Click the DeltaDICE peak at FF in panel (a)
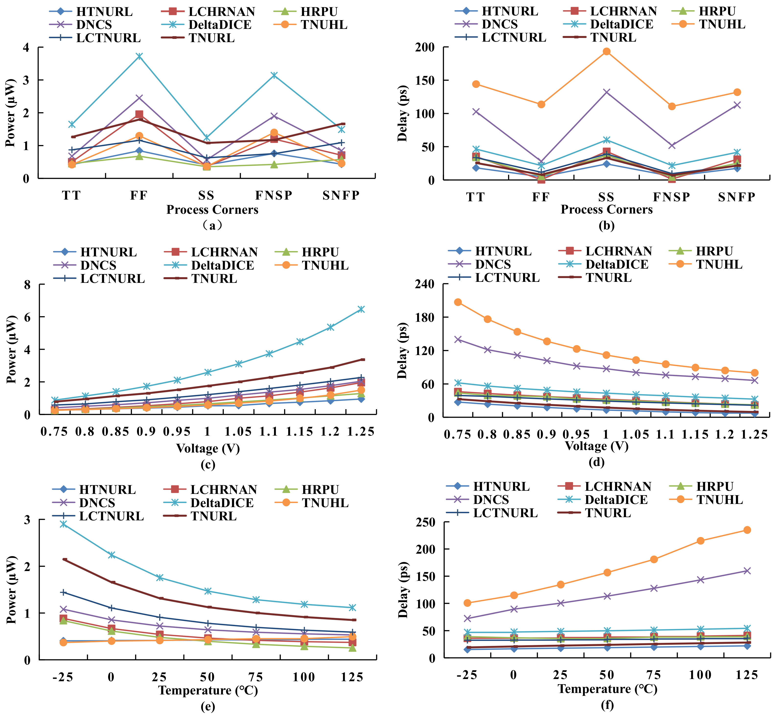tap(139, 56)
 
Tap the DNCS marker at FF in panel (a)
tap(139, 98)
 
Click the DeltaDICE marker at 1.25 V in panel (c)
tap(361, 309)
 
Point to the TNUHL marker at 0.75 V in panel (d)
tap(458, 302)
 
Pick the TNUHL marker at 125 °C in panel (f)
tap(747, 530)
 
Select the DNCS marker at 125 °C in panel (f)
tap(747, 571)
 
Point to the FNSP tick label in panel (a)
tap(274, 195)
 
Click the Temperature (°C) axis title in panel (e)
tap(208, 690)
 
